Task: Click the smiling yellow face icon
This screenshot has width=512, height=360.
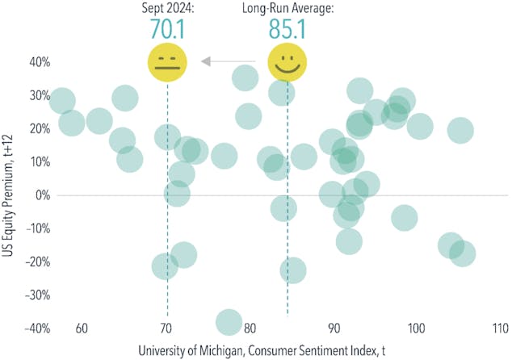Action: [x=283, y=62]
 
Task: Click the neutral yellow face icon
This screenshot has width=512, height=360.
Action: [x=167, y=62]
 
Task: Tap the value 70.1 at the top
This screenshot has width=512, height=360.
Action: [x=167, y=29]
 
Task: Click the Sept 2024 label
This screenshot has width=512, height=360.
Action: [x=166, y=9]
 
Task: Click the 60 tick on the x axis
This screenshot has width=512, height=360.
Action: [x=81, y=329]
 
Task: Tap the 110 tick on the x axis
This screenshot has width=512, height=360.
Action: [x=499, y=329]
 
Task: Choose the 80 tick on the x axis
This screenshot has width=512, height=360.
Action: [x=249, y=329]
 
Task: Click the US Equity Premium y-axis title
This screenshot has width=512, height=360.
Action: [x=9, y=195]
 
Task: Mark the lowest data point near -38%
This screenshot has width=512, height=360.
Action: [x=229, y=321]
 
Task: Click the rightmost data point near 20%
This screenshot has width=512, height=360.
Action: [x=460, y=130]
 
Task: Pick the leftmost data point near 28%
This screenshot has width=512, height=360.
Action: [x=61, y=101]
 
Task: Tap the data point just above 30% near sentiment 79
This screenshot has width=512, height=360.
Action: [x=245, y=77]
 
